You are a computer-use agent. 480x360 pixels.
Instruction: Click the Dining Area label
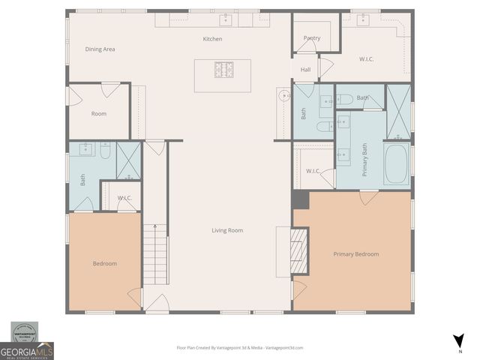[x=100, y=49]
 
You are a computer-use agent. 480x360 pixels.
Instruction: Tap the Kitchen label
[x=213, y=39]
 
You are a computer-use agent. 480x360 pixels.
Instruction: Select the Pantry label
[x=312, y=38]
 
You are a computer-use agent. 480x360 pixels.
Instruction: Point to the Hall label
[x=306, y=70]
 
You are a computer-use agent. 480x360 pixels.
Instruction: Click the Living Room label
[x=227, y=230]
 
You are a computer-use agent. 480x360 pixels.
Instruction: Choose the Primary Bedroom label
[x=355, y=254]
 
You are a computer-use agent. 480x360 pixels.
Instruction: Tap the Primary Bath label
[x=365, y=159]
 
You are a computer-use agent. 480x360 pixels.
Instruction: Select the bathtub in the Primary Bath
[x=396, y=164]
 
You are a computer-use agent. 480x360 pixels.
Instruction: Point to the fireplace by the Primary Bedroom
[x=298, y=250]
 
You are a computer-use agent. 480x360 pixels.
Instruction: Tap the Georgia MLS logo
[x=26, y=350]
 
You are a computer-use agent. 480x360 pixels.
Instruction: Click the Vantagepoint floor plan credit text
[x=239, y=348]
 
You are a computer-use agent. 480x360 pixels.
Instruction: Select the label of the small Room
[x=99, y=114]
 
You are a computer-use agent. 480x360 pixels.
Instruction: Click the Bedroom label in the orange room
[x=105, y=264]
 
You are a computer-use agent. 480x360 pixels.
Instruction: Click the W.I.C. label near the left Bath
[x=124, y=198]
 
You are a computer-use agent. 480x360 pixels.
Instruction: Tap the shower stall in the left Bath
[x=129, y=160]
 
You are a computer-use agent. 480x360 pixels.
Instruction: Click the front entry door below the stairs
[x=157, y=304]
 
